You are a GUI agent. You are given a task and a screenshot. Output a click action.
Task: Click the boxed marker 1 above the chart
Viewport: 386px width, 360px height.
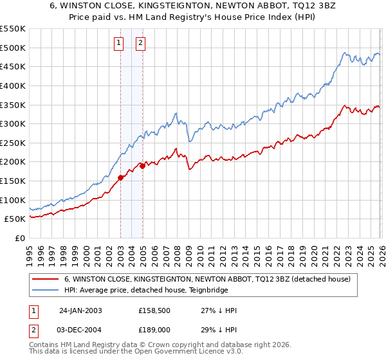pos(120,44)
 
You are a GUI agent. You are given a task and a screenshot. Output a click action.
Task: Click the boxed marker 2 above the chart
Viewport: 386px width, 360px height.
pos(140,44)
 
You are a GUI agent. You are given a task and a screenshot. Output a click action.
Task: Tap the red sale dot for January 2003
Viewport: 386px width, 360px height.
pos(120,178)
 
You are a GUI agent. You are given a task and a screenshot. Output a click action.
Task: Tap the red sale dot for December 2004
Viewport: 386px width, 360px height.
pos(142,166)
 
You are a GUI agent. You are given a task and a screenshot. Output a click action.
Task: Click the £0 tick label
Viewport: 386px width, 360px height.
pos(19,239)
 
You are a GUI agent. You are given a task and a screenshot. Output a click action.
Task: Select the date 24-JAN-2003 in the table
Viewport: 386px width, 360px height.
pos(80,310)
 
